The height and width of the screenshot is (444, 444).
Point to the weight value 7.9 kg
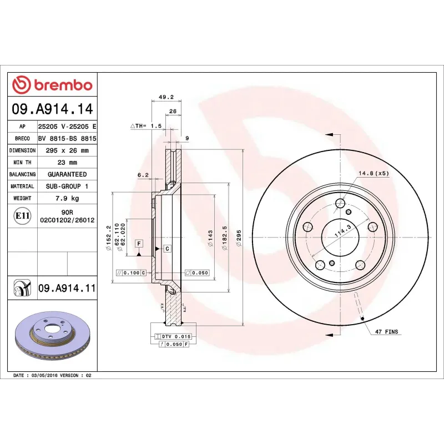(67, 198)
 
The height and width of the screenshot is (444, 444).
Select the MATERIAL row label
(23, 186)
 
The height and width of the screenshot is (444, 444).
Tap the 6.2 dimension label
(143, 175)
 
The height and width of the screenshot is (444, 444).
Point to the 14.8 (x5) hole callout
(374, 173)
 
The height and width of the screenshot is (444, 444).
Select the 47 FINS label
(386, 331)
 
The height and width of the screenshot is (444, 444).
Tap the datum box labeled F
(139, 243)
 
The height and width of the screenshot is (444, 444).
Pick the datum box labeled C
(167, 248)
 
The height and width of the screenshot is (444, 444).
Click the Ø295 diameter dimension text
(239, 239)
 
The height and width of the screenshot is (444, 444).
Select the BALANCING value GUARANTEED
(67, 174)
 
